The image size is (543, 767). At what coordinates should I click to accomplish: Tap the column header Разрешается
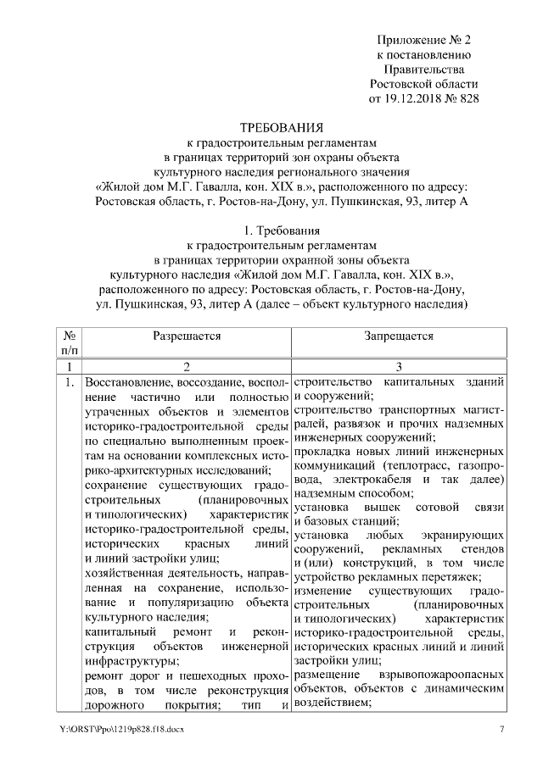tap(187, 336)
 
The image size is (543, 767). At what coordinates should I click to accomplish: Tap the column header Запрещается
tap(399, 336)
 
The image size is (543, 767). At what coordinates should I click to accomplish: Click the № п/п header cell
tap(69, 342)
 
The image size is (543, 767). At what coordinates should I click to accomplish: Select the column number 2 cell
tap(187, 365)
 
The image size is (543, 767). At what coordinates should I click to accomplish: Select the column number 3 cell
tap(399, 365)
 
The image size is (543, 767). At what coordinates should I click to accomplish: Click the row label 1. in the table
tap(69, 381)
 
